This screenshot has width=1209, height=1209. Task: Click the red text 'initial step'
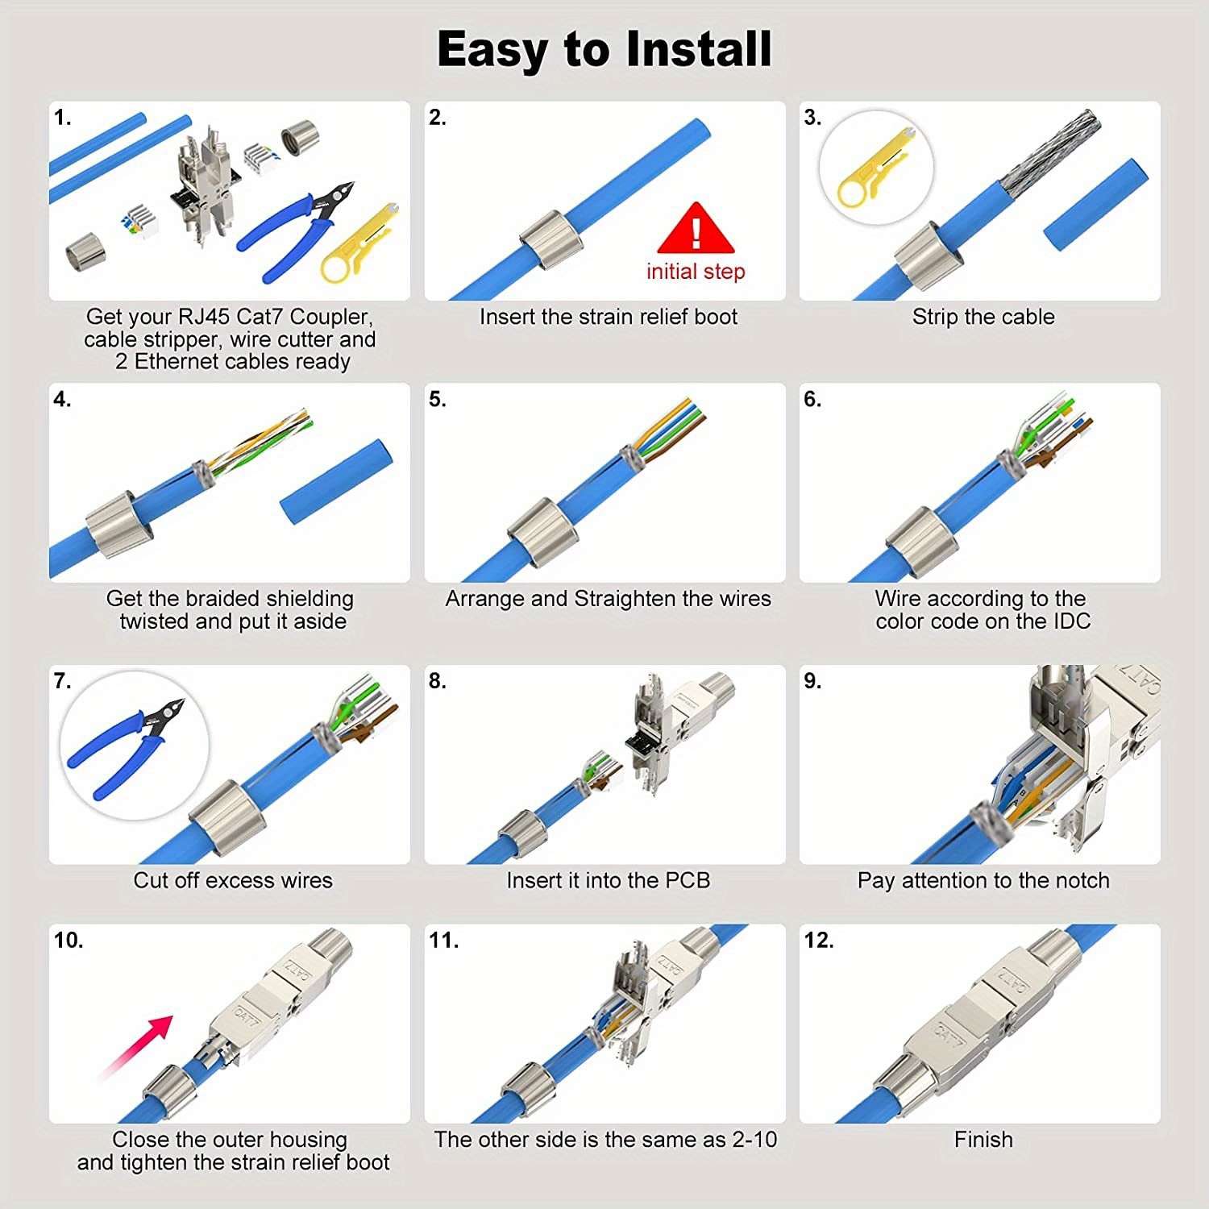coord(695,272)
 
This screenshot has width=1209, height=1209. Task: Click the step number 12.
coord(818,940)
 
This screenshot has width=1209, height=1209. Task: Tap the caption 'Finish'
coord(983,1139)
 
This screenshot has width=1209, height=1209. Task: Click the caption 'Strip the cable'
coord(983,317)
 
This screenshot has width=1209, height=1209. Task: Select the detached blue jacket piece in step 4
coord(336,481)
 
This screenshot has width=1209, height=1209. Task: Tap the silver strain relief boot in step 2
coord(550,241)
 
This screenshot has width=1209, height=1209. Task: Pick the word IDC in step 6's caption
coord(1071,621)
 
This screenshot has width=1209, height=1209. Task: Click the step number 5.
coord(437,399)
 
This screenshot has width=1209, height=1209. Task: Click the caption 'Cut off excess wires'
coord(233,880)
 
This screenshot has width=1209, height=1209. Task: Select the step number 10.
coord(69,940)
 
